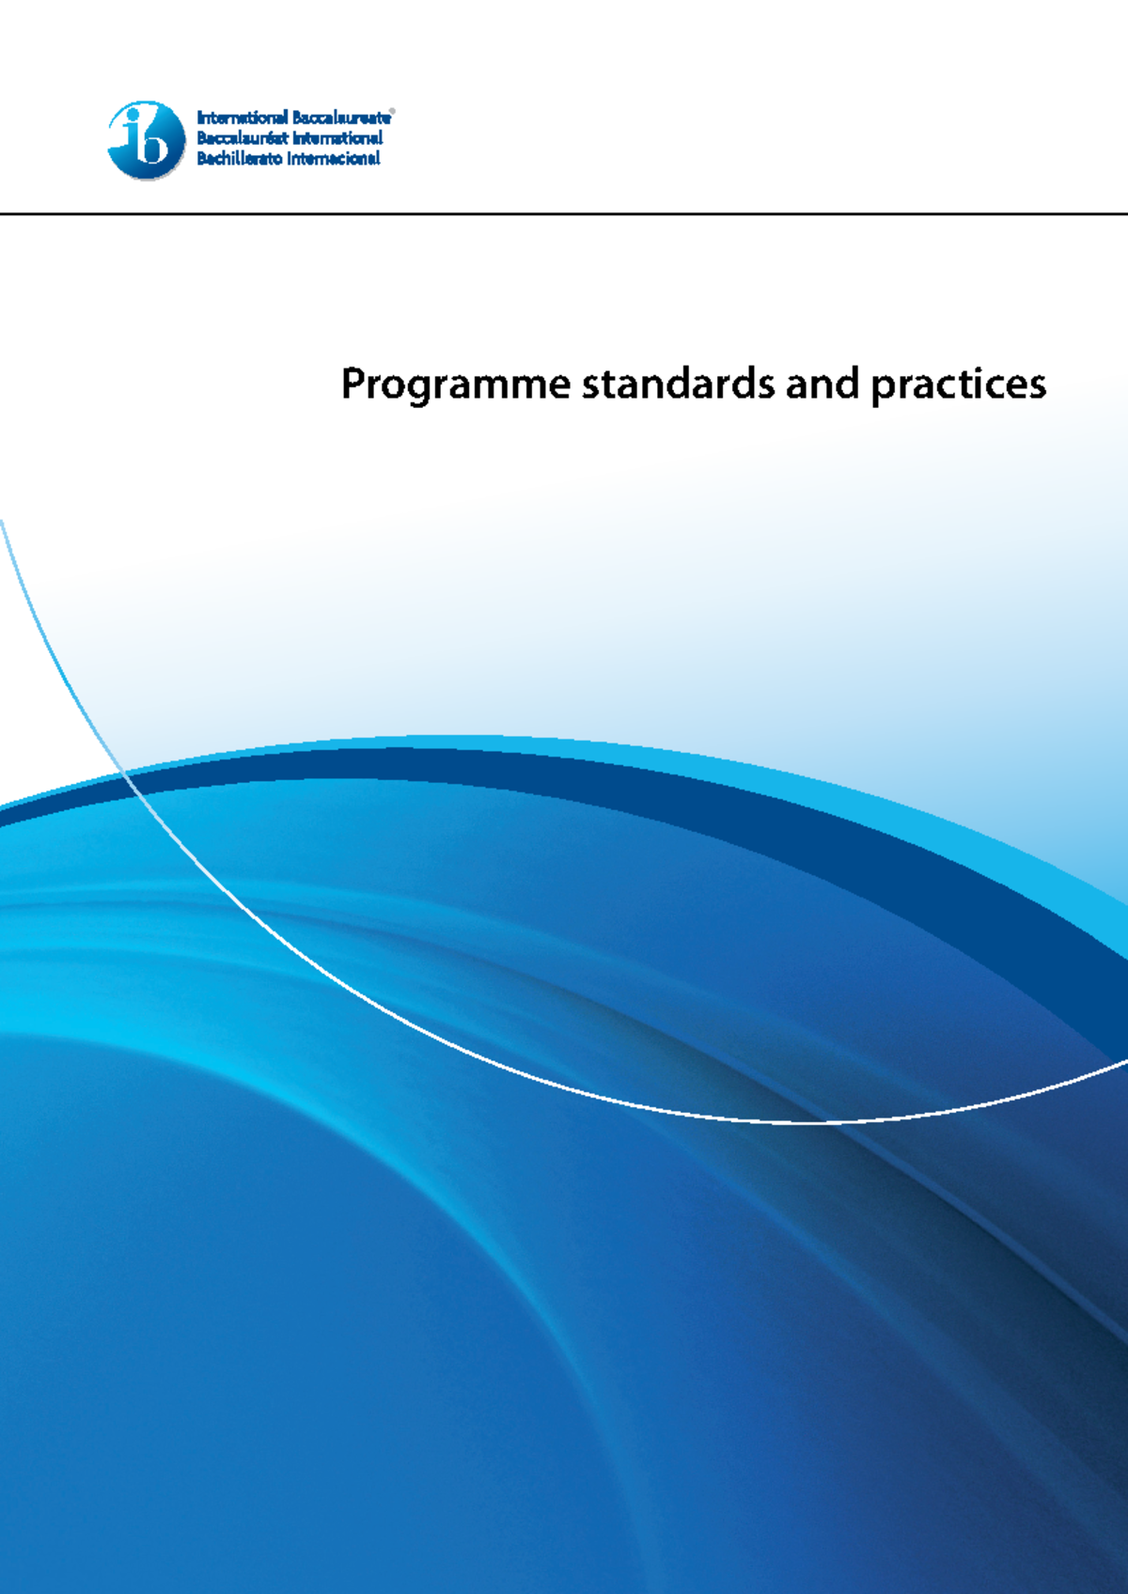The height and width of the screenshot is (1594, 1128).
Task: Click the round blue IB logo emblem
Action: point(147,140)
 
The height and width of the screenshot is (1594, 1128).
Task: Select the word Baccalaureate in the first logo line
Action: point(341,118)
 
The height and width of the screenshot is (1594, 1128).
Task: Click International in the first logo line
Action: point(242,118)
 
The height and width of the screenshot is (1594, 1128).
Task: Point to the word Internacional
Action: point(333,158)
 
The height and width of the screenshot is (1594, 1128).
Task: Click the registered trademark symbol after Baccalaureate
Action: point(392,112)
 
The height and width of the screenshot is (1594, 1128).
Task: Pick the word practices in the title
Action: point(958,384)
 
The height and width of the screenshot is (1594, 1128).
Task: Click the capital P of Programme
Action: point(352,383)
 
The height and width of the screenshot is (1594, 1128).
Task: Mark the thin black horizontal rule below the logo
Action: point(564,213)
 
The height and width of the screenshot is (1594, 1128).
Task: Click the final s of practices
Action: point(1037,386)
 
